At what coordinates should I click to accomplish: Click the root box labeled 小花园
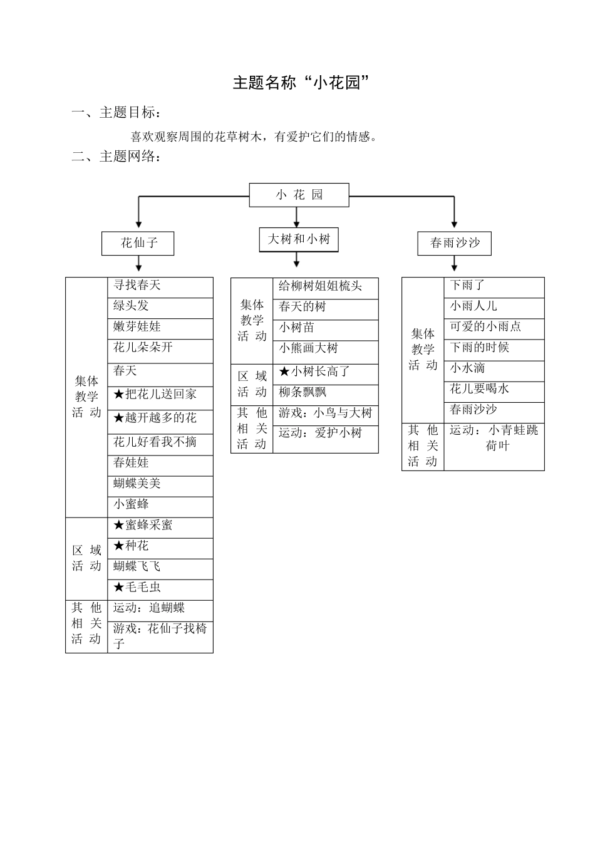[299, 195]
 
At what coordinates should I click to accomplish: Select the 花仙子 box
[138, 243]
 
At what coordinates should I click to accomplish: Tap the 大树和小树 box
[299, 239]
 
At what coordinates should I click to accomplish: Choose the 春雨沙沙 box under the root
[454, 243]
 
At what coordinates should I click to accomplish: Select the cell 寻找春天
[160, 286]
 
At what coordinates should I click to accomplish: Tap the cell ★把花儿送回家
[160, 394]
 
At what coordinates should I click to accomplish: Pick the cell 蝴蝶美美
[160, 484]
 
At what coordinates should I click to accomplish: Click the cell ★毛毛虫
[160, 588]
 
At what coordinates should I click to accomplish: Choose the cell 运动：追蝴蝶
[160, 608]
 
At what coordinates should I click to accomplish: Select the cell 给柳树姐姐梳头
[325, 287]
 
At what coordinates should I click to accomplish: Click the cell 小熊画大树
[325, 348]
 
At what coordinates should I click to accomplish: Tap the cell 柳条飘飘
[325, 393]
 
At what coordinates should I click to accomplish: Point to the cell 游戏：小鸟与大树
[325, 413]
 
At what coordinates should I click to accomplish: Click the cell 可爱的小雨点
[494, 327]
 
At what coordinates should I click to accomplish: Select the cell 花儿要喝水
[494, 389]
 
